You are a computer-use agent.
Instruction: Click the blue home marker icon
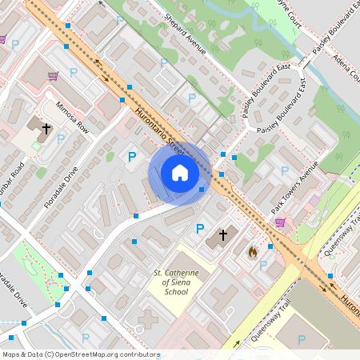(x=179, y=172)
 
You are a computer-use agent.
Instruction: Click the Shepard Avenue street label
(x=185, y=34)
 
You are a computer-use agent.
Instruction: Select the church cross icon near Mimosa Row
(x=46, y=128)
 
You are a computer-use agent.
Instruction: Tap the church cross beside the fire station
(x=222, y=237)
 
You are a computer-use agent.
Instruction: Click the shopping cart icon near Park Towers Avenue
(x=280, y=222)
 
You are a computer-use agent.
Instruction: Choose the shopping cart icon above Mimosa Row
(x=53, y=76)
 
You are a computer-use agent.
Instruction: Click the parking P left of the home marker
(x=132, y=158)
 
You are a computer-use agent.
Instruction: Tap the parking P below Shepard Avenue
(x=191, y=98)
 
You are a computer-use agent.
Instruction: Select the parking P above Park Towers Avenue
(x=284, y=170)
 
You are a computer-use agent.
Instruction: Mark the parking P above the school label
(x=200, y=229)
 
